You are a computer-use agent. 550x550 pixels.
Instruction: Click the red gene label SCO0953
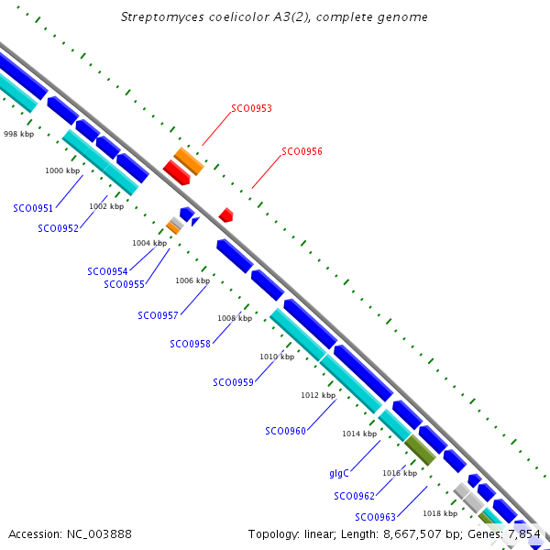[x=251, y=108]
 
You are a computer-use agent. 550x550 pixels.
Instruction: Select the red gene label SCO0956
[x=302, y=151]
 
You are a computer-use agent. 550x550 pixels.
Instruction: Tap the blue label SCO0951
[x=33, y=208]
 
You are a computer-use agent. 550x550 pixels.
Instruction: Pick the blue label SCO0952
[x=58, y=228]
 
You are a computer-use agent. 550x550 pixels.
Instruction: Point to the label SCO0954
[x=107, y=271]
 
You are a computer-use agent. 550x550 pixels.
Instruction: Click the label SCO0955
[x=124, y=284]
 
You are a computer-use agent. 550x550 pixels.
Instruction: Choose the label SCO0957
[x=158, y=315]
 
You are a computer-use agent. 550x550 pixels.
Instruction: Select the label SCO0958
[x=190, y=344]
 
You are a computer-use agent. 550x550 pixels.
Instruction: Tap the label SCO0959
[x=233, y=382]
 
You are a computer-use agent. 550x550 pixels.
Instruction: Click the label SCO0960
[x=285, y=431]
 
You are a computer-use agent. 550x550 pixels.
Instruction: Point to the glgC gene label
[x=338, y=474]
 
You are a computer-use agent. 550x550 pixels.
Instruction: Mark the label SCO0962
[x=354, y=496]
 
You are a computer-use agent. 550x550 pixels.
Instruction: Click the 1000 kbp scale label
[x=62, y=170]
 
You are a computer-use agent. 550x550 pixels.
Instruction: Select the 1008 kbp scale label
[x=235, y=318]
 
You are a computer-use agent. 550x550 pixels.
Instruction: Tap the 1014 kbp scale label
[x=359, y=434]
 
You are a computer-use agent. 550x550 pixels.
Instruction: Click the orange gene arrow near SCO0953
[x=189, y=160]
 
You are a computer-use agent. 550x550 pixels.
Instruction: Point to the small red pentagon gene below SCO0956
[x=225, y=214]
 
